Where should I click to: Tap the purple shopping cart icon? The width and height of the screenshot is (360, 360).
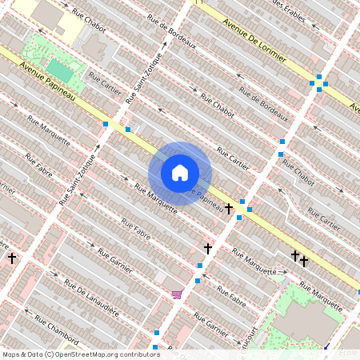click(x=176, y=294)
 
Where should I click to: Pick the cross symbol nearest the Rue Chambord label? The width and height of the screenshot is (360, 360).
click(x=12, y=258)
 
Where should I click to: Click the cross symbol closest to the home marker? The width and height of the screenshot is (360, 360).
click(x=229, y=208)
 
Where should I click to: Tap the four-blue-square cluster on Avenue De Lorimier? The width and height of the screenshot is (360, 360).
click(x=318, y=82)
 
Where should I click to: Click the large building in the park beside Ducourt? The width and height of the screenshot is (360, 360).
click(x=308, y=318)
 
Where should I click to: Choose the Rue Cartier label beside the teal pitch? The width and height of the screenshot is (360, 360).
click(x=105, y=83)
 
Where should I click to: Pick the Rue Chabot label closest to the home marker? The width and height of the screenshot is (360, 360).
click(x=217, y=106)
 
